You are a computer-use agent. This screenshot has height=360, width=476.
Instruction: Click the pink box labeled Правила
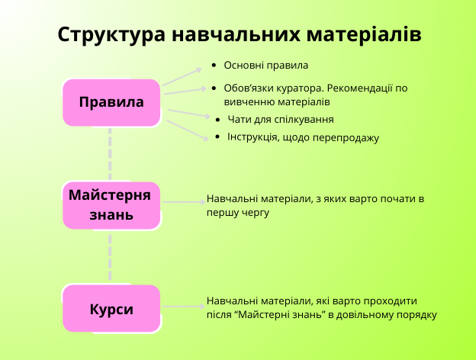pyautogui.click(x=111, y=103)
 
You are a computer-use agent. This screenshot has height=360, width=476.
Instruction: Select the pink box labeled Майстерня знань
pyautogui.click(x=111, y=205)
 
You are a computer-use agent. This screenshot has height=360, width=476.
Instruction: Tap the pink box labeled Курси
pyautogui.click(x=111, y=308)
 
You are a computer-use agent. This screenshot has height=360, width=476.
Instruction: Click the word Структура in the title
pyautogui.click(x=111, y=35)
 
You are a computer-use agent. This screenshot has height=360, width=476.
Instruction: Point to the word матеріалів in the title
pyautogui.click(x=364, y=34)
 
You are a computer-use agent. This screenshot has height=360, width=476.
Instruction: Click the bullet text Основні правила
pyautogui.click(x=266, y=66)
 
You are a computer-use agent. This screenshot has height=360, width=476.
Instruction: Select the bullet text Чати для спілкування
pyautogui.click(x=281, y=119)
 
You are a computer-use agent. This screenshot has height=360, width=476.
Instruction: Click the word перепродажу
pyautogui.click(x=346, y=138)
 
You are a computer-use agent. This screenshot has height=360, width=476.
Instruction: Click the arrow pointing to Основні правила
pyautogui.click(x=182, y=77)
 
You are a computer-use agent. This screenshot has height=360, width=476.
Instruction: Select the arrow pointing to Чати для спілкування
pyautogui.click(x=188, y=113)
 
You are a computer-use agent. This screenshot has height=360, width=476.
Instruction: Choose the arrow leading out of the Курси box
pyautogui.click(x=183, y=307)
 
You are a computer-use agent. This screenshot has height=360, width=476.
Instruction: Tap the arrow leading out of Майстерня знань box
pyautogui.click(x=184, y=202)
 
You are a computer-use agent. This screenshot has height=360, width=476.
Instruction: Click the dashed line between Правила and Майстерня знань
pyautogui.click(x=110, y=154)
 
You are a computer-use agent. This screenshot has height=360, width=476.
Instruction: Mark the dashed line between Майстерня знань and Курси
pyautogui.click(x=110, y=257)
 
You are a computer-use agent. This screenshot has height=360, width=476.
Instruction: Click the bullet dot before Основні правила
pyautogui.click(x=214, y=66)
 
